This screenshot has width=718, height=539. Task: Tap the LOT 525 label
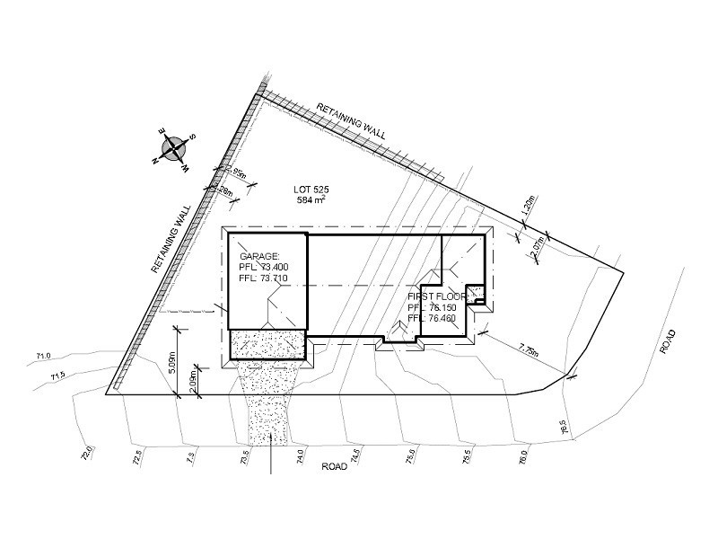pos(313,189)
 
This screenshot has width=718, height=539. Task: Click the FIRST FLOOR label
pos(436,296)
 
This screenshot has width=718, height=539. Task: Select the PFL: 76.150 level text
pos(433,306)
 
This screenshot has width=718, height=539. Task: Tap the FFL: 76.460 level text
pos(433,318)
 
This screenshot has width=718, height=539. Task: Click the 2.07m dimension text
pos(537,247)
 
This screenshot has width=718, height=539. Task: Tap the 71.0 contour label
pos(43,357)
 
